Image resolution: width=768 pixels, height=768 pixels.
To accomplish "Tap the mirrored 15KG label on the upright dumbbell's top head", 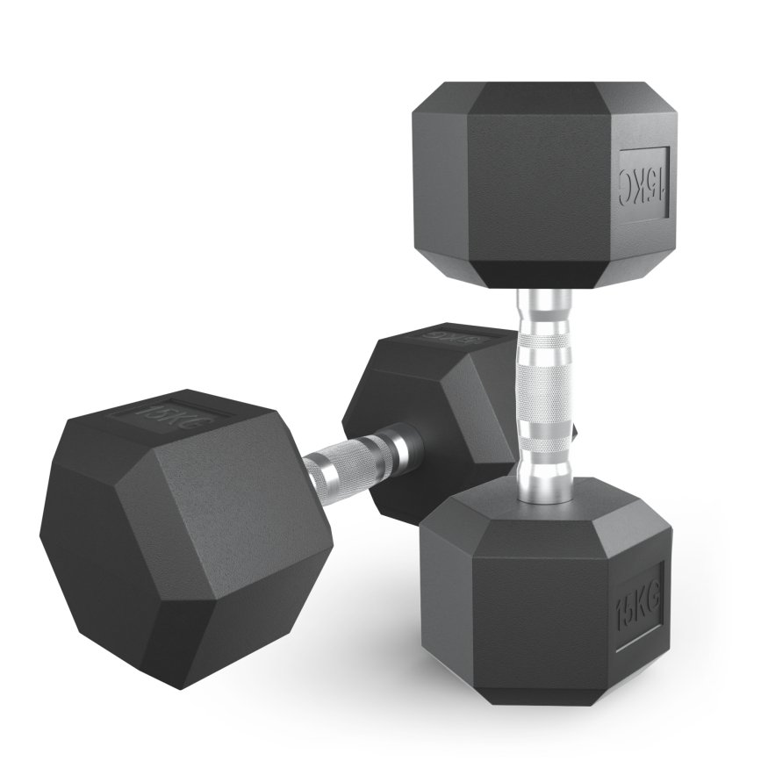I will pyautogui.click(x=645, y=181).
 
